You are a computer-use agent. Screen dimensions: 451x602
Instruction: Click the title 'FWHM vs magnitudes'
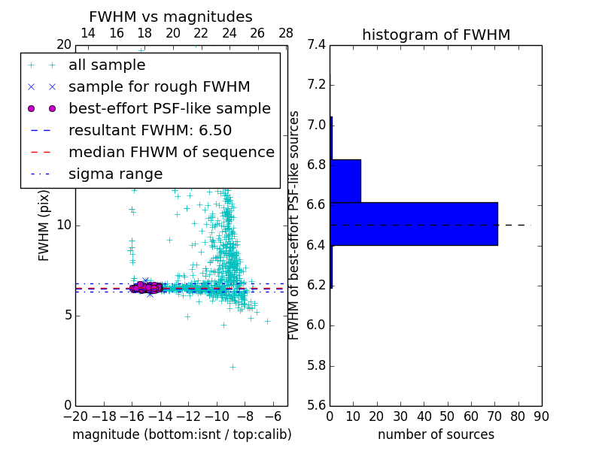171,17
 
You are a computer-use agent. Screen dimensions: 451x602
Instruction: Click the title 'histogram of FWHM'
436,35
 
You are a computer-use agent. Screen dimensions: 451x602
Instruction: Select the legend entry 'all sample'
107,65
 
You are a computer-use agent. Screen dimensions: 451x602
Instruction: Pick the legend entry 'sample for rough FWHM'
159,86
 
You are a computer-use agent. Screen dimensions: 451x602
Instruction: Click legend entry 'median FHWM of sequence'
171,152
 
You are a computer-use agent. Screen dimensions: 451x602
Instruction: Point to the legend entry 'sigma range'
115,174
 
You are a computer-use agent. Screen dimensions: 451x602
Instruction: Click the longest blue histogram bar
414,223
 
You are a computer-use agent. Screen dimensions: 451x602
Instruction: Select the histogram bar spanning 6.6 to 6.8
345,180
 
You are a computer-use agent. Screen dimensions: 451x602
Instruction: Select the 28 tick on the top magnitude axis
286,34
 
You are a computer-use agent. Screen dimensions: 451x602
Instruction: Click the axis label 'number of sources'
436,434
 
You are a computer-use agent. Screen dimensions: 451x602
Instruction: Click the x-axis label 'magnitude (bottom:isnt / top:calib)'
181,434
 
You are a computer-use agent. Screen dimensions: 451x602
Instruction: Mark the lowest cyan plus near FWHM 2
233,367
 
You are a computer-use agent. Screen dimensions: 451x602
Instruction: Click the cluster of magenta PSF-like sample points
144,287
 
